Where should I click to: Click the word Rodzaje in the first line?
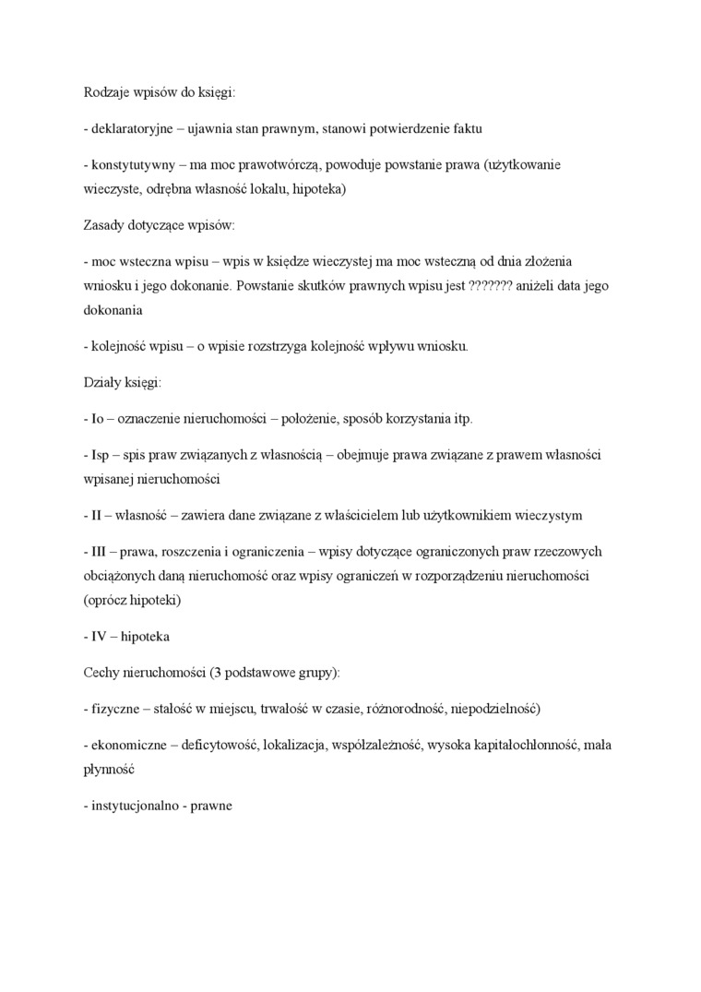pos(104,93)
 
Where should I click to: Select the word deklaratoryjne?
pos(130,129)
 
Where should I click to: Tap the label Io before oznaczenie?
pos(97,418)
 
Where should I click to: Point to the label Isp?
pos(101,455)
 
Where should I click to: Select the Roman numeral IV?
pos(100,637)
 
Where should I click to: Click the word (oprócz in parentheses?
pos(106,600)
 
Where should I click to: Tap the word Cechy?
pos(101,673)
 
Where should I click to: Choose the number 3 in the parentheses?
pos(218,673)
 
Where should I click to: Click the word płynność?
pos(109,769)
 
